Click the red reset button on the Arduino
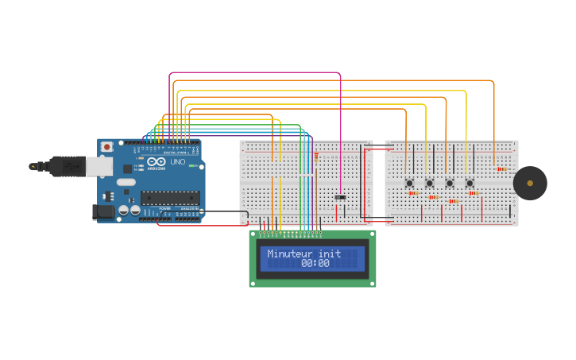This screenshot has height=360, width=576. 106,147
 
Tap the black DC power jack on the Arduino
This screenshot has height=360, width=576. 104,212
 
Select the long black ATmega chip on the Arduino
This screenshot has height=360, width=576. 169,198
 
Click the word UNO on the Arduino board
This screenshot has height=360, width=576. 177,162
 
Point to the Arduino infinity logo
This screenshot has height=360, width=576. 157,161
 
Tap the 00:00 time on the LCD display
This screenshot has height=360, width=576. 315,264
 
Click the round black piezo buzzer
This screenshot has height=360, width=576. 530,184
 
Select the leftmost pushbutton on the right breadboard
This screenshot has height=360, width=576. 410,184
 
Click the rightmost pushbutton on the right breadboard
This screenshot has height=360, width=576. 470,184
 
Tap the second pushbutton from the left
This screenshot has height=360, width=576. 430,184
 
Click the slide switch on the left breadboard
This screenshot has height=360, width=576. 340,197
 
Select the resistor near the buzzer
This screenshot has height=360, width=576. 501,168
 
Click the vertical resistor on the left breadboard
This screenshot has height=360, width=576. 315,157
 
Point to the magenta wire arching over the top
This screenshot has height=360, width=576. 254,73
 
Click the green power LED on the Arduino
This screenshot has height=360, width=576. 192,165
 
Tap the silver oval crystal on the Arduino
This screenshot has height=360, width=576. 126,182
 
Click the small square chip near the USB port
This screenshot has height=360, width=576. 127,168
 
